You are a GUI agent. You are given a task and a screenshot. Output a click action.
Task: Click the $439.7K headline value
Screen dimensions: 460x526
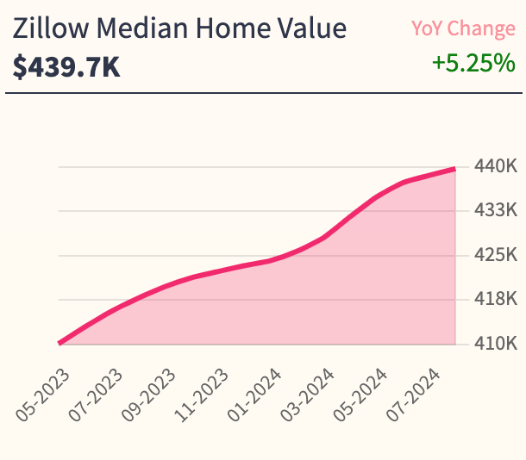(x=66, y=66)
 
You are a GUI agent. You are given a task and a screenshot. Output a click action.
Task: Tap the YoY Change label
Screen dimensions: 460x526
(x=463, y=28)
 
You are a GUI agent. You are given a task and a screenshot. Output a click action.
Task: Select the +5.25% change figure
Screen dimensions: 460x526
(x=473, y=63)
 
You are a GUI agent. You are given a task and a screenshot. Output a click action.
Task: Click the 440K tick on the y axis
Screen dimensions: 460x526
(x=495, y=166)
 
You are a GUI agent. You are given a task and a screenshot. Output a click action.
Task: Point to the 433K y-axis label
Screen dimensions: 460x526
(x=495, y=210)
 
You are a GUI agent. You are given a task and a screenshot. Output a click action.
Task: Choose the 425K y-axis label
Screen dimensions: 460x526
(x=495, y=255)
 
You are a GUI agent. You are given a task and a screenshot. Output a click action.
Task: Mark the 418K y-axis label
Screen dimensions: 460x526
(x=495, y=300)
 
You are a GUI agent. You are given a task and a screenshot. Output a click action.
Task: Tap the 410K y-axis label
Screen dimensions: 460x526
(x=495, y=345)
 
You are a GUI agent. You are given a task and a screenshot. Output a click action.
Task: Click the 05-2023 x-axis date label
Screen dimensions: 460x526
(x=42, y=392)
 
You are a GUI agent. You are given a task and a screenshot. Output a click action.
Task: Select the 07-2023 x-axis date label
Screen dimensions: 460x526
(x=97, y=392)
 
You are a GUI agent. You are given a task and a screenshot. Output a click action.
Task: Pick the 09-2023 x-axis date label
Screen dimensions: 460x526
(x=150, y=392)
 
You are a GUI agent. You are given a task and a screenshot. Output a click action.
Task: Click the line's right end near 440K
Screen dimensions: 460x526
(x=454, y=169)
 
